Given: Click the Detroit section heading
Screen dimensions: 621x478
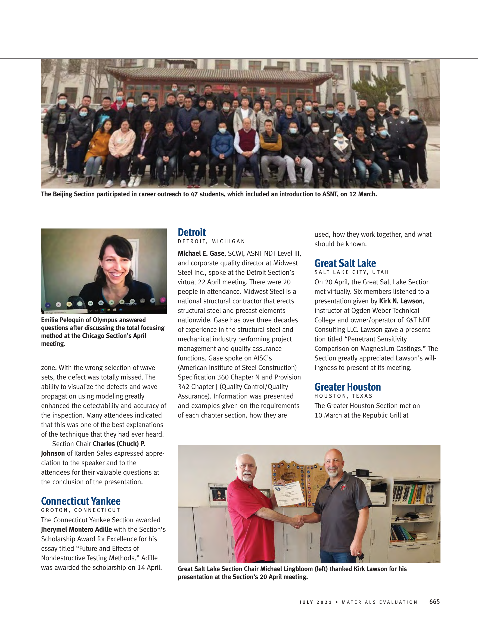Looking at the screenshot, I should tap(191, 233).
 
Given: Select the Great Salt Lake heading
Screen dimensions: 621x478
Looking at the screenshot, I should tap(345, 263).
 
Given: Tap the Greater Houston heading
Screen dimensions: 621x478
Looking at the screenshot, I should tap(347, 387).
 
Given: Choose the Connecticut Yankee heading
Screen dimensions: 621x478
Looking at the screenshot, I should tap(81, 501).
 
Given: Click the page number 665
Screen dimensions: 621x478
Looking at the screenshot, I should tap(434, 601).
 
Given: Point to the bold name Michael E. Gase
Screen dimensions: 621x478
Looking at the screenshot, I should tap(201, 253).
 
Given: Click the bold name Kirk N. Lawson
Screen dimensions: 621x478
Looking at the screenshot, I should tap(401, 301).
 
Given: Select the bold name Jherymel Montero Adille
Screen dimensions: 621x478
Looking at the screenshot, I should tap(76, 529).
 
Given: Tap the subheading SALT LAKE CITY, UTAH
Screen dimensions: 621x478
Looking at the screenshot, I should tap(351, 272).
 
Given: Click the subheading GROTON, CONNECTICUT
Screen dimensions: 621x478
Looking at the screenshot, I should tap(81, 510).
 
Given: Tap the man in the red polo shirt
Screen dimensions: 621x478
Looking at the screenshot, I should tap(250, 509).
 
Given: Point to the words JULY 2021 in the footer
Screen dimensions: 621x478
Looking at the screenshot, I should tap(315, 602).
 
